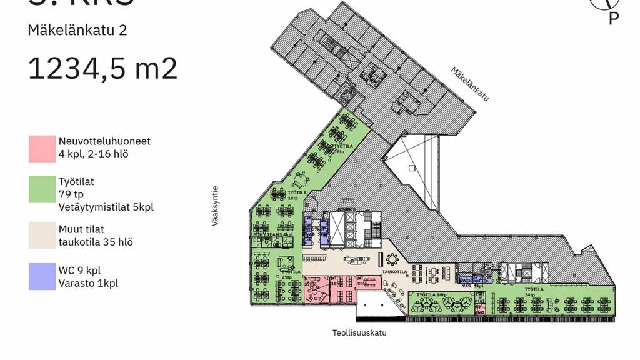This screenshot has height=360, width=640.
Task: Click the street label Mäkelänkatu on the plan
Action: pyautogui.click(x=469, y=84)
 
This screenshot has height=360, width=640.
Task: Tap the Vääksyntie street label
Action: pyautogui.click(x=215, y=205)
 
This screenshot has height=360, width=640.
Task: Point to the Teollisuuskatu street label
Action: pyautogui.click(x=359, y=332)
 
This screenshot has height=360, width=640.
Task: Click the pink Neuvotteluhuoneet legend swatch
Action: pyautogui.click(x=41, y=148)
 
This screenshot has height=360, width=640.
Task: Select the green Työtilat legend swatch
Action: pyautogui.click(x=41, y=189)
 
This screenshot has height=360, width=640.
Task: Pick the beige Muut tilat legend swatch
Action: pyautogui.click(x=41, y=236)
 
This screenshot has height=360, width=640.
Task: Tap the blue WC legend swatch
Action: pyautogui.click(x=41, y=276)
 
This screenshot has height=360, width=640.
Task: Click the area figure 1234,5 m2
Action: pyautogui.click(x=102, y=68)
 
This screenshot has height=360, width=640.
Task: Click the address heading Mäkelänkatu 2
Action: pyautogui.click(x=77, y=30)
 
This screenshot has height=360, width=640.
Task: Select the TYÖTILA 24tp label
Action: pyautogui.click(x=534, y=291)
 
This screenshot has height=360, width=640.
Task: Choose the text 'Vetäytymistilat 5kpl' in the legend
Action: pyautogui.click(x=106, y=207)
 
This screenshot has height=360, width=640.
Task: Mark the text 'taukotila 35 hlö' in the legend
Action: pyautogui.click(x=96, y=242)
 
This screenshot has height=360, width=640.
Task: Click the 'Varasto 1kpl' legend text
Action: pyautogui.click(x=89, y=283)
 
